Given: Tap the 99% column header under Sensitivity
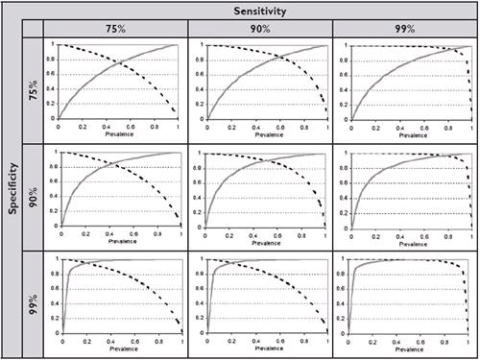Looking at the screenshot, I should coord(404,28).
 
